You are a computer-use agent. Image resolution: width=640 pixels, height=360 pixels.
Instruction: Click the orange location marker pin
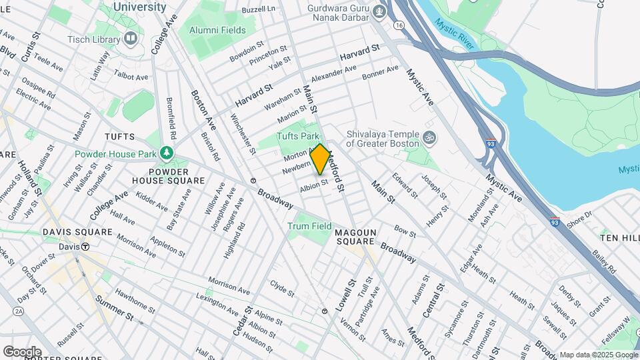(320, 159)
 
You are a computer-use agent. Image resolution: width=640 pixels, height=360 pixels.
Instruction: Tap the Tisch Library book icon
(130, 39)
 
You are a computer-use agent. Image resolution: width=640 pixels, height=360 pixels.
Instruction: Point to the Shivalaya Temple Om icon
(430, 138)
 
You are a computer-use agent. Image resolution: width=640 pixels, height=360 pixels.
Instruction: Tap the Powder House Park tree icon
(166, 154)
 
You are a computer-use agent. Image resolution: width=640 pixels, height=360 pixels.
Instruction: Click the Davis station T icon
(85, 246)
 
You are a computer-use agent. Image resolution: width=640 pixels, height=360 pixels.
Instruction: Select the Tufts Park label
(298, 136)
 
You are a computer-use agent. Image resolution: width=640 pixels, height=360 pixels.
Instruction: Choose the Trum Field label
(309, 226)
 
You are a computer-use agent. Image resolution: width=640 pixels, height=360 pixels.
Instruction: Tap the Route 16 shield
(399, 25)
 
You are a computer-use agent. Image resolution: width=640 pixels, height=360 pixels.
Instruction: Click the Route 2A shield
(18, 311)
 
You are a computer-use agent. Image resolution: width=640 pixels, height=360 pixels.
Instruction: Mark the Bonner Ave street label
(380, 73)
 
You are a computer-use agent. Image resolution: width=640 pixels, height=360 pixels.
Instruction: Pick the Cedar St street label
(245, 321)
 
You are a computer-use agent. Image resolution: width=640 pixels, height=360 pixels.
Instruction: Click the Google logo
(22, 351)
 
